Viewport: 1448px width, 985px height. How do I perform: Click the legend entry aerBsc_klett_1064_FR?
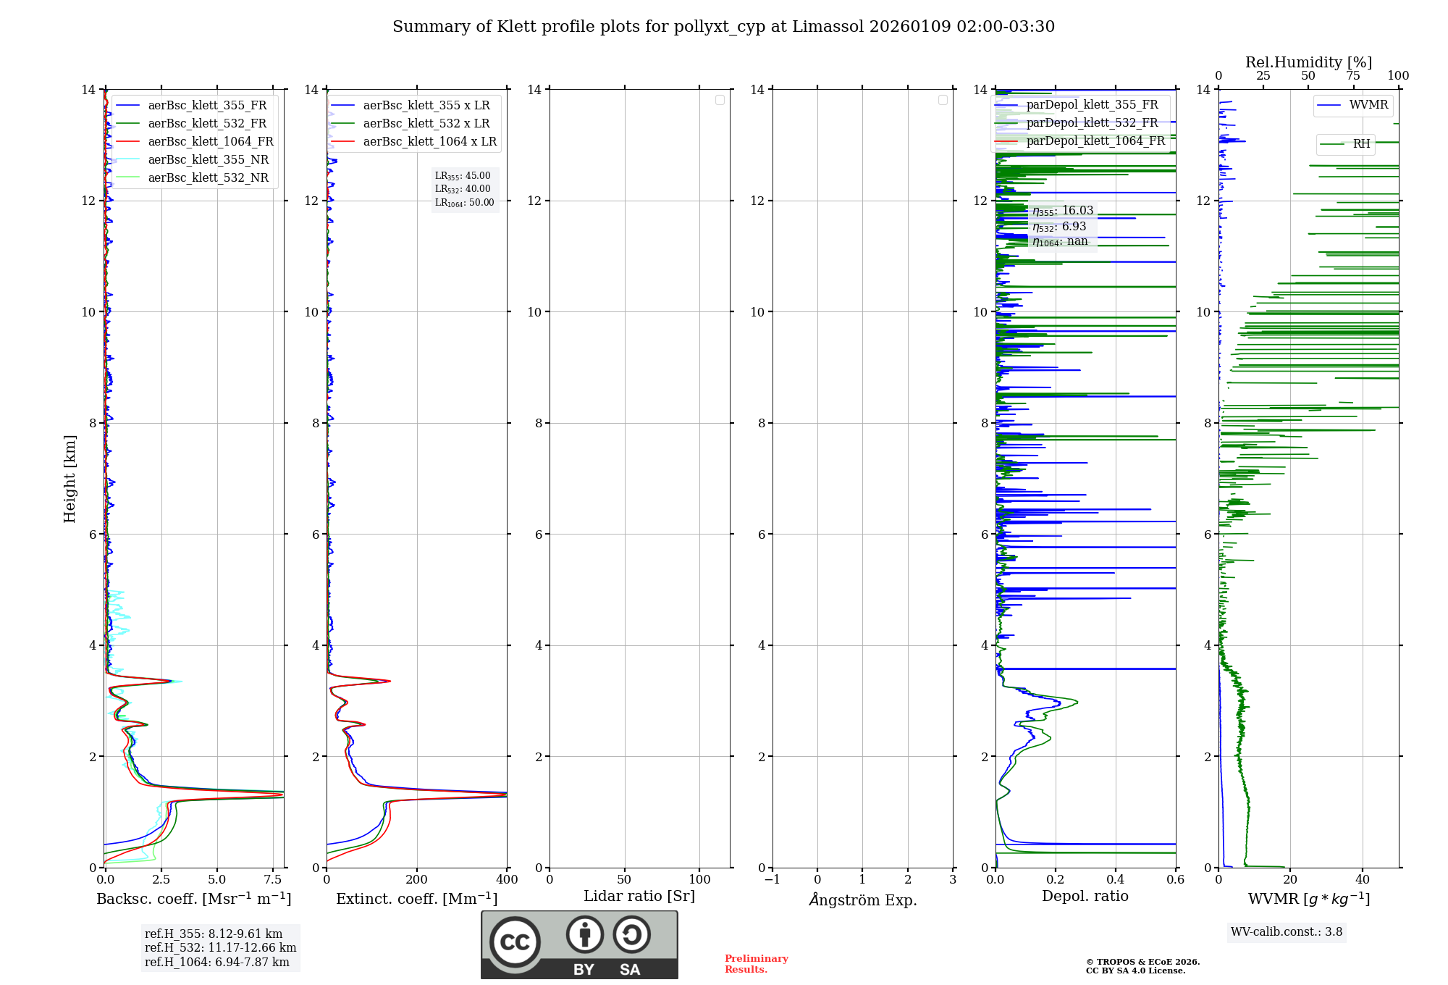click(x=210, y=141)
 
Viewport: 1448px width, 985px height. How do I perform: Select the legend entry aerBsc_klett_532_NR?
click(x=208, y=177)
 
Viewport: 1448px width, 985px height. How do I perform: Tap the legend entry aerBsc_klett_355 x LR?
click(x=426, y=105)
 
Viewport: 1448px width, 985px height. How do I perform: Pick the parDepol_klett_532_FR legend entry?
click(x=1092, y=122)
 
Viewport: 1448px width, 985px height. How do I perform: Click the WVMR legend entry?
click(x=1368, y=105)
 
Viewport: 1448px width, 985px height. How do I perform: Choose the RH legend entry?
click(x=1361, y=144)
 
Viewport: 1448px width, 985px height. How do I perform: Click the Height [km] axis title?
click(x=70, y=479)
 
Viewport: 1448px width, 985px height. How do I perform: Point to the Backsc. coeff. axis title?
click(x=193, y=899)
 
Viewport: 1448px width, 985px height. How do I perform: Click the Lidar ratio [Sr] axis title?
click(x=639, y=897)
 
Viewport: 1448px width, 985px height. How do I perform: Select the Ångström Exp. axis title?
click(x=862, y=900)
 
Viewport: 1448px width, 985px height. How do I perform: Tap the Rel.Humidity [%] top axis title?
click(x=1308, y=62)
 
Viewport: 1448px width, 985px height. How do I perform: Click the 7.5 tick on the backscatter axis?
click(x=273, y=880)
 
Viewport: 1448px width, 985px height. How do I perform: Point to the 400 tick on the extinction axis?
click(x=507, y=880)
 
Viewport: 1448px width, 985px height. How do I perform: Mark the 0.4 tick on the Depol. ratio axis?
click(x=1116, y=880)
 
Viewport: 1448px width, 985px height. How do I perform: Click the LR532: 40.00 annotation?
click(x=463, y=189)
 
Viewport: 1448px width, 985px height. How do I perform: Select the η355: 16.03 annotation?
click(x=1063, y=211)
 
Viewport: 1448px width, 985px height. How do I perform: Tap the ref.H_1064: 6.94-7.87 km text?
click(x=217, y=962)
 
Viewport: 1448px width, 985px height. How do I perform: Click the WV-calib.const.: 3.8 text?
click(x=1287, y=932)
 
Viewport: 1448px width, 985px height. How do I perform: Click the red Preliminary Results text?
click(x=756, y=964)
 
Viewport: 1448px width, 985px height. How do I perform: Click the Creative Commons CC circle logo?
click(x=515, y=942)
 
